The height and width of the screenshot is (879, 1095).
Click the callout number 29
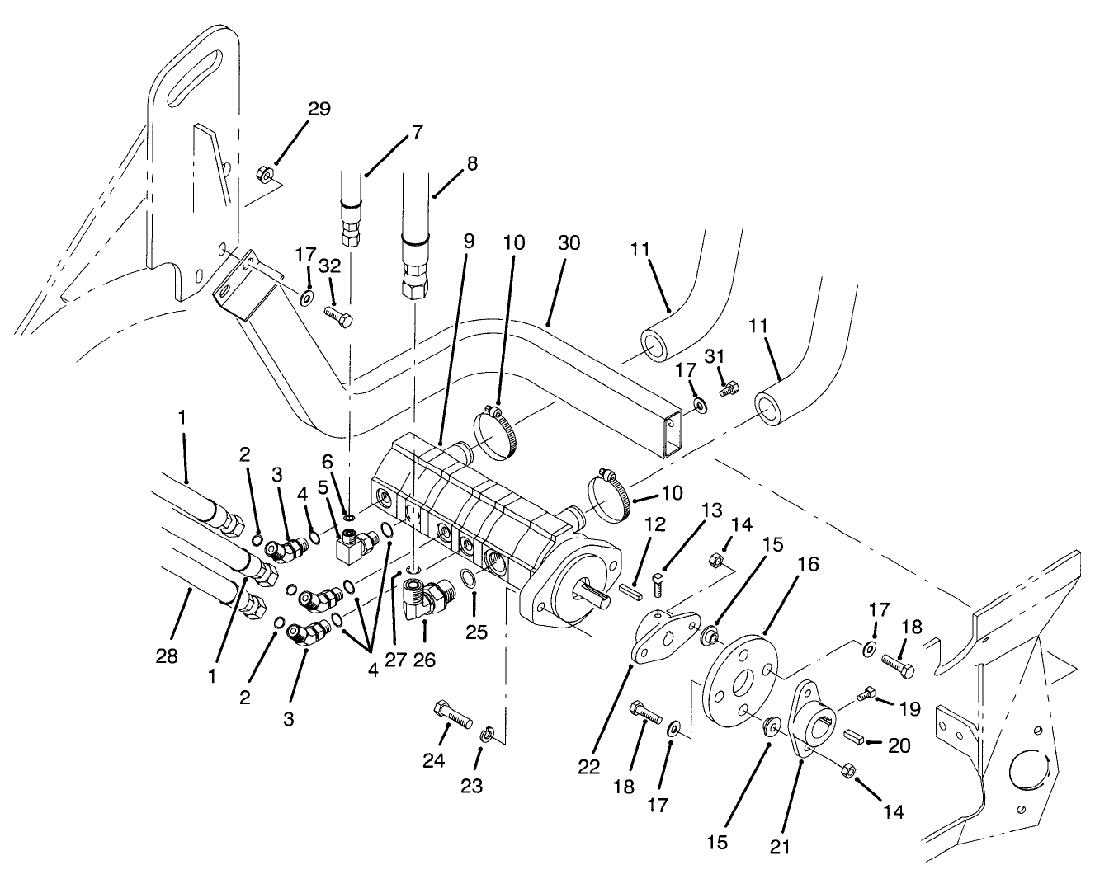319,109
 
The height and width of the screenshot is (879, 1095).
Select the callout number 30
569,243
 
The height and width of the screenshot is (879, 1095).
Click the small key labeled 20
853,736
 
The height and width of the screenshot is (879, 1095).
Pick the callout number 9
469,243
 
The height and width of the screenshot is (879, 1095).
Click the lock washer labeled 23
487,733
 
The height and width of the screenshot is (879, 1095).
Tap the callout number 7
417,132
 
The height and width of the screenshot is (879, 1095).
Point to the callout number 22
588,766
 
